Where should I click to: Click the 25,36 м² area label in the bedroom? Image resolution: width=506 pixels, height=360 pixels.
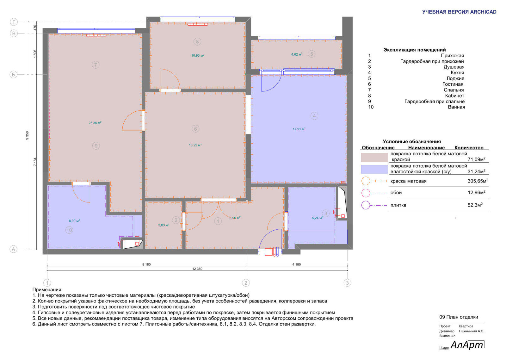click(x=95, y=123)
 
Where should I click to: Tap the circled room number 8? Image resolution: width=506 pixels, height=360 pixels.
click(x=197, y=41)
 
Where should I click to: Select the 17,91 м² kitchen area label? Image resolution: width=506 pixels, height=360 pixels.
click(x=299, y=129)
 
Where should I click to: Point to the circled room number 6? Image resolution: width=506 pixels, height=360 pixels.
click(x=195, y=129)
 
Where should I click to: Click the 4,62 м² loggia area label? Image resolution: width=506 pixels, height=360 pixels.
click(x=297, y=54)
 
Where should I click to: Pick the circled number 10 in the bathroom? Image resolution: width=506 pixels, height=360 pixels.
click(x=69, y=230)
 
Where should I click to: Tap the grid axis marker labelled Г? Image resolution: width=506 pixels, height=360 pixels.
click(x=14, y=22)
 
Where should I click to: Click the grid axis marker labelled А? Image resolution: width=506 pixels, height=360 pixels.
click(x=13, y=249)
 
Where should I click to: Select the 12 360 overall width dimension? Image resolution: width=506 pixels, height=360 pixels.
click(x=197, y=269)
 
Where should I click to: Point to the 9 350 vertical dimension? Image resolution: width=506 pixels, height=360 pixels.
click(x=27, y=136)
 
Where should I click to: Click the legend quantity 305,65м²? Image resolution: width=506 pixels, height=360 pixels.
click(x=478, y=181)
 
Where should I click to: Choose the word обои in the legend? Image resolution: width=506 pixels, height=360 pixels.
click(x=396, y=193)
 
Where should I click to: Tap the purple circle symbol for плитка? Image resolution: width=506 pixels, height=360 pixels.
click(x=366, y=205)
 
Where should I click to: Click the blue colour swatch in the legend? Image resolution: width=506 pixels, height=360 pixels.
click(x=374, y=169)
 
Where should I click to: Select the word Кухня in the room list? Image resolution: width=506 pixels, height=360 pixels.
click(x=457, y=72)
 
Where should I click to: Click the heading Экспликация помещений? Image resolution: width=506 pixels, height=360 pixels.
click(x=415, y=50)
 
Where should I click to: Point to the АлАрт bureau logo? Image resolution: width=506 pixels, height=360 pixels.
click(x=467, y=345)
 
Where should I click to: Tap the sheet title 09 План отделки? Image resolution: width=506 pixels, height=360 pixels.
click(x=459, y=317)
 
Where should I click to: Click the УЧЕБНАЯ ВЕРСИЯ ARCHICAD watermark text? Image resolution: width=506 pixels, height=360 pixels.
click(x=459, y=12)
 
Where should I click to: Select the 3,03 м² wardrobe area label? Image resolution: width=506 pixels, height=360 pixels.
click(x=164, y=225)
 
